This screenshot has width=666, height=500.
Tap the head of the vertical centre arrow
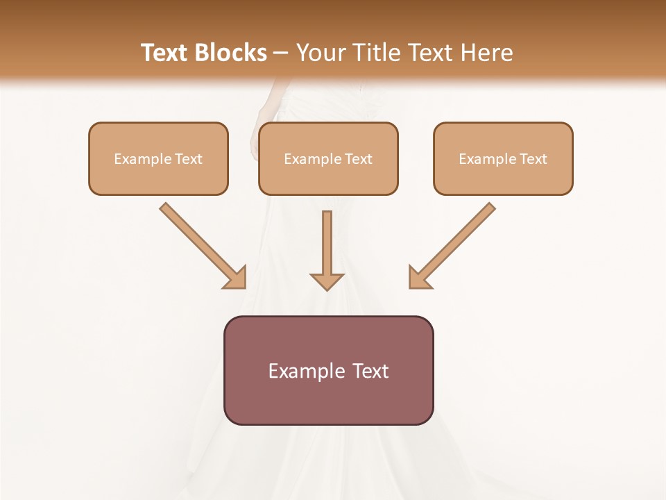[327, 281]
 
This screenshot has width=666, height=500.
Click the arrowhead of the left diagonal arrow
[236, 278]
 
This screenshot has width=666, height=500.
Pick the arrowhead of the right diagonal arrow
[418, 278]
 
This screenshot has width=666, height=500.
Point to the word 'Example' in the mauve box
[307, 372]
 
